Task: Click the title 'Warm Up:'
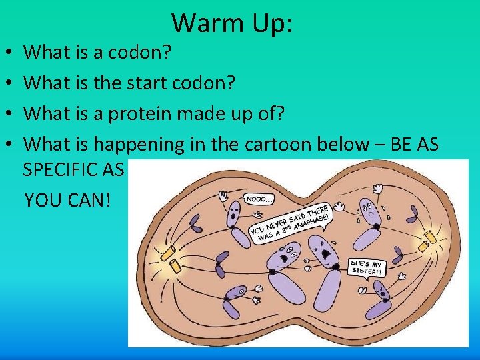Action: click(x=232, y=23)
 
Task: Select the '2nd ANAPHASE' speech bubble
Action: click(x=291, y=219)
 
